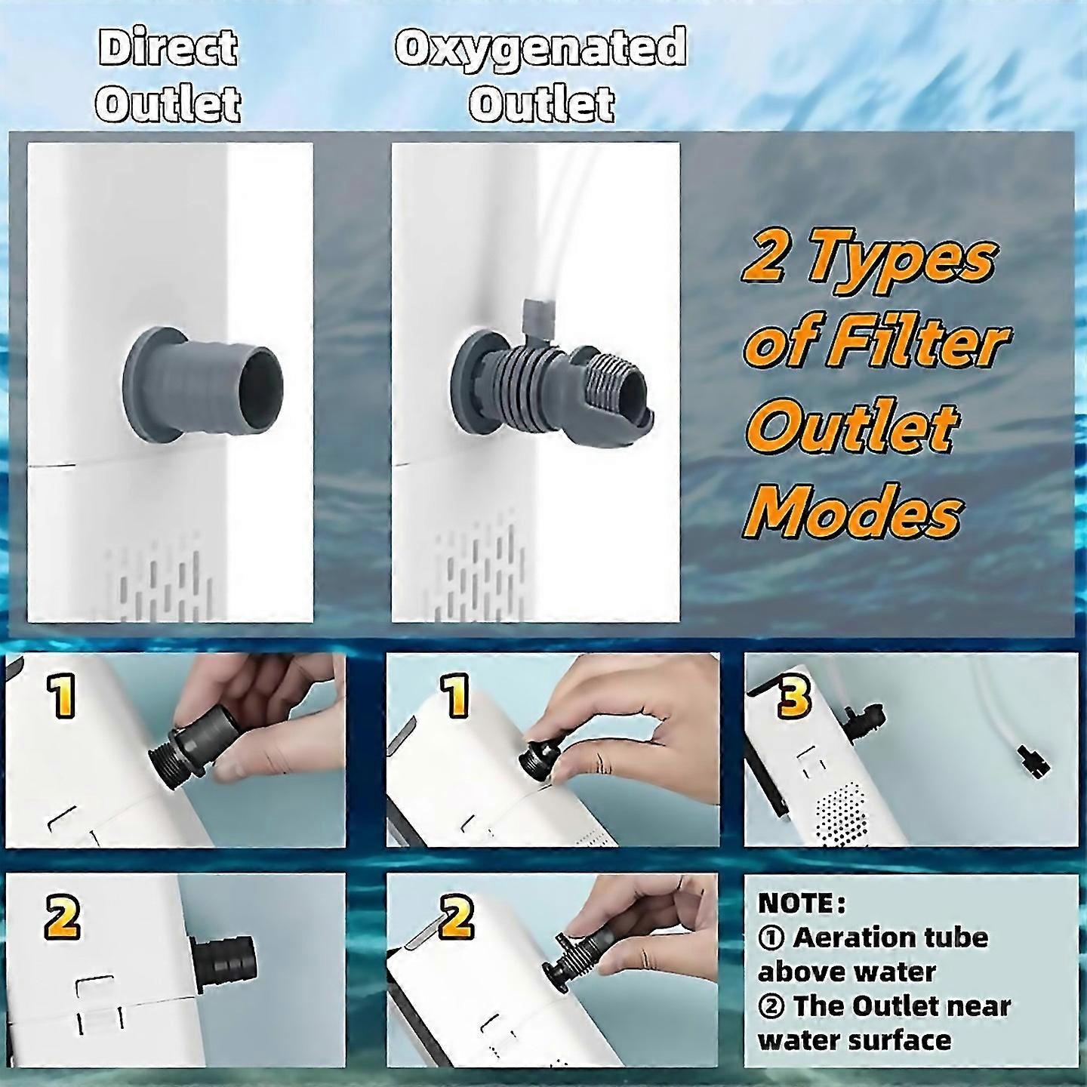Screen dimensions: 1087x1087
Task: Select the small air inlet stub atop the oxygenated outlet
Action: (537, 320)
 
